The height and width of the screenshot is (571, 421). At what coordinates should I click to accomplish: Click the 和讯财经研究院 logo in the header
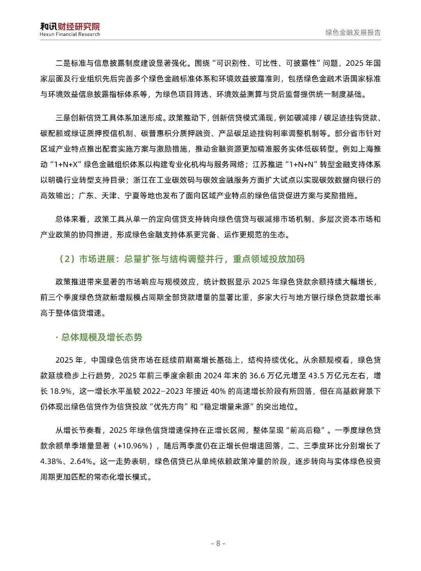tap(70, 26)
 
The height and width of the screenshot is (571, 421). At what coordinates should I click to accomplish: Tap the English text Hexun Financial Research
tap(70, 34)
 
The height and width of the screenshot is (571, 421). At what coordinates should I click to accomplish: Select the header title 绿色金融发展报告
tap(353, 33)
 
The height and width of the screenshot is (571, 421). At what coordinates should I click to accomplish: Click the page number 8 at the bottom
tap(218, 543)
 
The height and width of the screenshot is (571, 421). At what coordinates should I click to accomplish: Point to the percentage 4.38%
tap(51, 461)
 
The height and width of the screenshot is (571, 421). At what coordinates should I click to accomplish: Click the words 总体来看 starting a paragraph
tap(71, 219)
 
